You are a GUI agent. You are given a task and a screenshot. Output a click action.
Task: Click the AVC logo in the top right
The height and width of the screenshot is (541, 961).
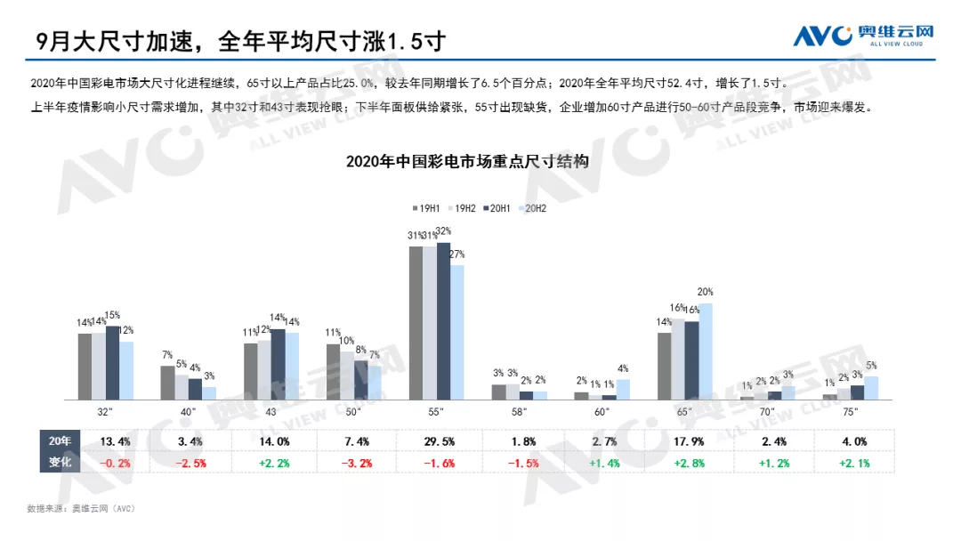click(x=864, y=36)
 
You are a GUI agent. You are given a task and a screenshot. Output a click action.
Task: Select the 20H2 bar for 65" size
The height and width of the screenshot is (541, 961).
click(x=705, y=351)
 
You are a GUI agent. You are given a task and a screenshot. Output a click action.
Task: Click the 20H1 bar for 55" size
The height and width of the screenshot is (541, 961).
click(x=443, y=320)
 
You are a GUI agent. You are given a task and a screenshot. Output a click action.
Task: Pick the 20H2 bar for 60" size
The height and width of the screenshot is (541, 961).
click(x=622, y=389)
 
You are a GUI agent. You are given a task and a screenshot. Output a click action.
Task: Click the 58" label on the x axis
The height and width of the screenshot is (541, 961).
click(x=519, y=412)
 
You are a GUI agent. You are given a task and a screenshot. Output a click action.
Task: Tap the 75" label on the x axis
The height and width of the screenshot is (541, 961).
click(x=850, y=412)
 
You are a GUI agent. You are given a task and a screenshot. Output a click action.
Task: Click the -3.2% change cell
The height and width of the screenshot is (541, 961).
click(x=357, y=464)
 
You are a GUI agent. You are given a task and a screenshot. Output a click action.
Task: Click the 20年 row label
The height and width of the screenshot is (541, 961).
click(x=59, y=440)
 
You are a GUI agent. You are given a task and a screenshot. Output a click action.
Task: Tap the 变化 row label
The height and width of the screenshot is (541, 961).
click(x=59, y=464)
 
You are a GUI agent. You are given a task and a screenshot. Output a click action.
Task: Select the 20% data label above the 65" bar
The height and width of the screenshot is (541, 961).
click(x=706, y=292)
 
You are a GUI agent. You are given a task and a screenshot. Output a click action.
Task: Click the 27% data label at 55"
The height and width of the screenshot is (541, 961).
click(x=457, y=254)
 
